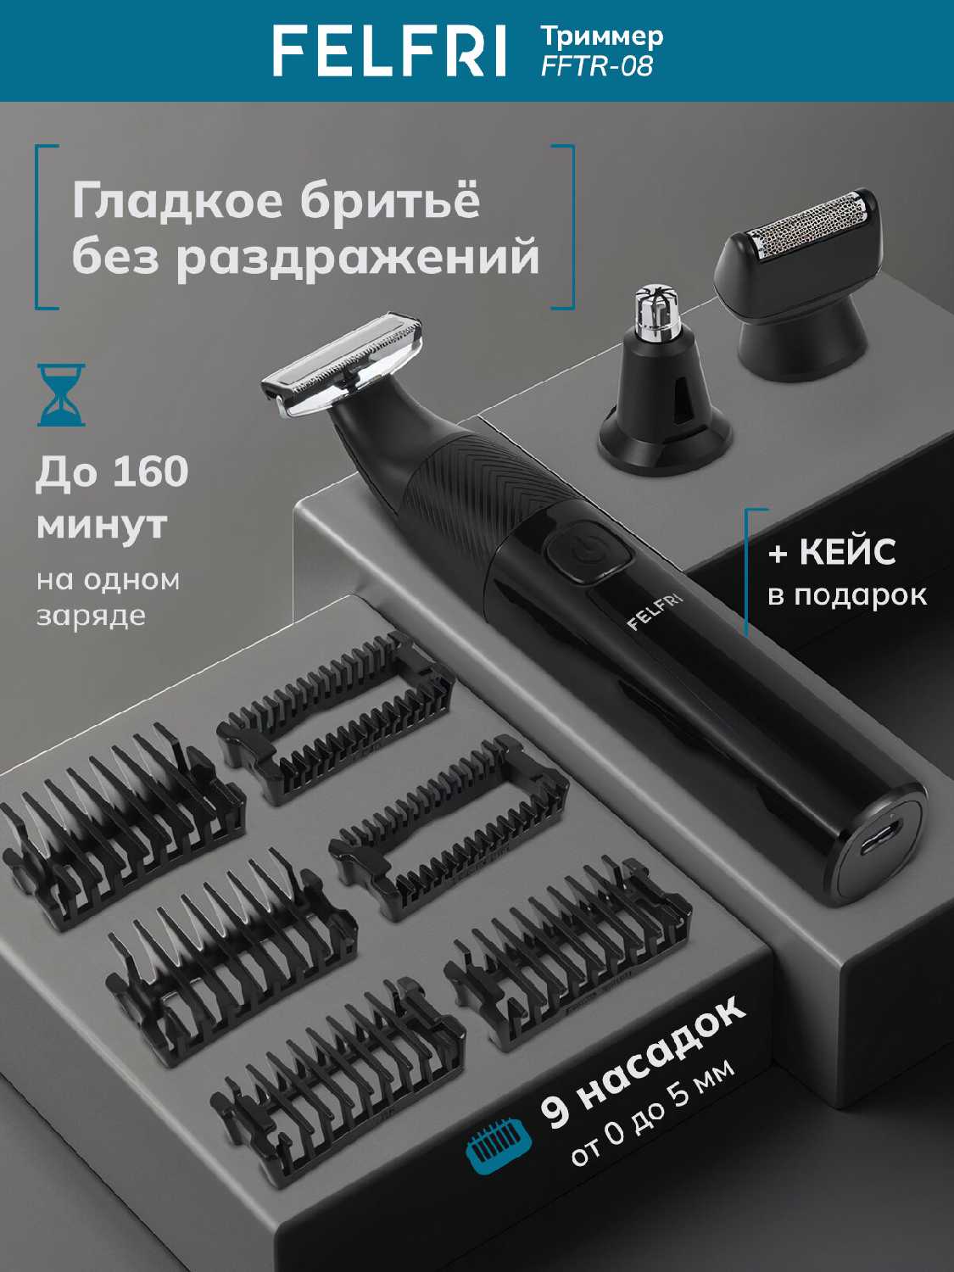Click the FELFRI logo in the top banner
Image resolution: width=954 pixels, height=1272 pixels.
tap(389, 50)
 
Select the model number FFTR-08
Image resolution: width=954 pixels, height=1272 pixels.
tap(597, 66)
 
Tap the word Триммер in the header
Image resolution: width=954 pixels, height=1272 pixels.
tap(602, 37)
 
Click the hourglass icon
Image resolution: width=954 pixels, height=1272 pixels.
tap(61, 395)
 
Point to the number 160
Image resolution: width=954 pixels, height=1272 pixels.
tap(151, 471)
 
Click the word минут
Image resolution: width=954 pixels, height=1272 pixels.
tap(102, 525)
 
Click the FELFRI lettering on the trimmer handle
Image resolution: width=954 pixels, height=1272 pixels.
tap(655, 611)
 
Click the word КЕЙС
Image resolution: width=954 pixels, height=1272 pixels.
tap(847, 552)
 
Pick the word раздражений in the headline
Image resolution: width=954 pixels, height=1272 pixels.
tap(358, 259)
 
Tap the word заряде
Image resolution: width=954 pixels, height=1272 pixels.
tap(91, 616)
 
